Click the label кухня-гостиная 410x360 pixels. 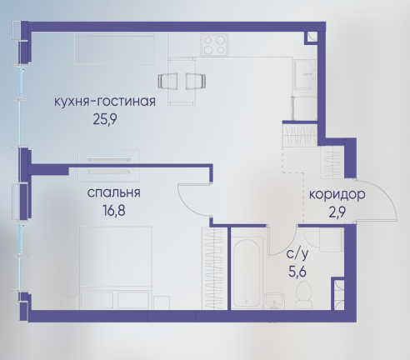(104, 102)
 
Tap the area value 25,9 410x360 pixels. (105, 120)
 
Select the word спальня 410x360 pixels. (113, 193)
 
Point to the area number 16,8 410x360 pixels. (113, 211)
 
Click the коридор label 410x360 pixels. (337, 195)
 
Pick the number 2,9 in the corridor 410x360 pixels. (337, 213)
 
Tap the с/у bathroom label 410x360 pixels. (297, 254)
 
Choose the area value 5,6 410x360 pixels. (297, 272)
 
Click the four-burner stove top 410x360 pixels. (214, 45)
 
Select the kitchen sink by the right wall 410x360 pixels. (306, 74)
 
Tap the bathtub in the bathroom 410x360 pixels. (247, 272)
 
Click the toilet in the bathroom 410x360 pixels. (304, 294)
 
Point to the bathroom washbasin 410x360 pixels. (274, 301)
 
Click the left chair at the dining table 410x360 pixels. (167, 81)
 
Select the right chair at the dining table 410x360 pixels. (196, 81)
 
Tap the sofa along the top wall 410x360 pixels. (114, 48)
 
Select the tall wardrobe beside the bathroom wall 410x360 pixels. (215, 268)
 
